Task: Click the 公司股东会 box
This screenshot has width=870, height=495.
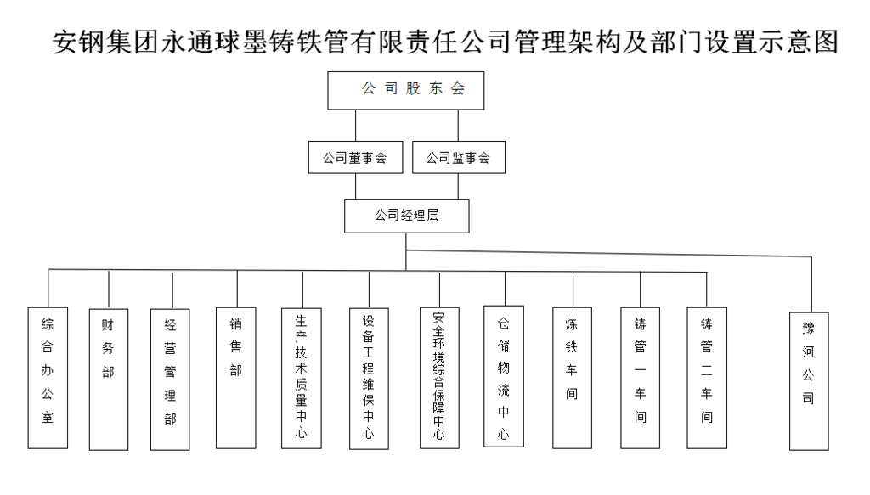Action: pyautogui.click(x=405, y=90)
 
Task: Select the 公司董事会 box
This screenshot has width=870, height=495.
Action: pyautogui.click(x=356, y=157)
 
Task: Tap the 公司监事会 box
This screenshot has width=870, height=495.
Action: pyautogui.click(x=459, y=157)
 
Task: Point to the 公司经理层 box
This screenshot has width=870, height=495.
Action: pyautogui.click(x=407, y=216)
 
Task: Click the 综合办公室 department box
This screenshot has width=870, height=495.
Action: pyautogui.click(x=48, y=378)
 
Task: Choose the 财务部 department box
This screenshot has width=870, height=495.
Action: pyautogui.click(x=109, y=380)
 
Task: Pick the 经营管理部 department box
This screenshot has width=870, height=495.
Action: pyautogui.click(x=170, y=380)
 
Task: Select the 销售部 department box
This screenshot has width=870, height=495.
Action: pyautogui.click(x=236, y=378)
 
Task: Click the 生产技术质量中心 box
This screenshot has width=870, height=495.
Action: pyautogui.click(x=302, y=378)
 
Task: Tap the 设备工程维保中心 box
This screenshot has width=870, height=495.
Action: pyautogui.click(x=369, y=379)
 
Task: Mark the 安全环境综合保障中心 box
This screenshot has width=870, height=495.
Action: pyautogui.click(x=439, y=378)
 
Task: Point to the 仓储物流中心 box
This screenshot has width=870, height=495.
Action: pyautogui.click(x=504, y=376)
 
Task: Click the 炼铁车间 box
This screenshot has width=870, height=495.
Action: pyautogui.click(x=572, y=378)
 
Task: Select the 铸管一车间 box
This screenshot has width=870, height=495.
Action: pyautogui.click(x=641, y=378)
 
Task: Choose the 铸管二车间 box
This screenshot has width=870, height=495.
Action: pyautogui.click(x=707, y=378)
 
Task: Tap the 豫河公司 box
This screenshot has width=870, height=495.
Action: pyautogui.click(x=809, y=381)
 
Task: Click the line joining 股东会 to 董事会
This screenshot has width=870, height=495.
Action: pyautogui.click(x=356, y=126)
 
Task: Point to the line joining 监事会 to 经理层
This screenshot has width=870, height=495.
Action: pyautogui.click(x=458, y=186)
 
